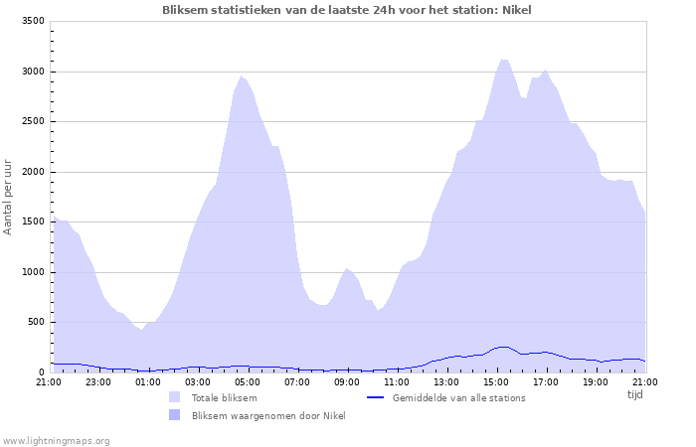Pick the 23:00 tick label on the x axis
coord(97,381)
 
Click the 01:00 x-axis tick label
coord(147,381)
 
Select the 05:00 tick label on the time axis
coord(247,381)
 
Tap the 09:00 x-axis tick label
coord(346,381)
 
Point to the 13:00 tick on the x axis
coord(445,381)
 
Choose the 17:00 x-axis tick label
coord(545,381)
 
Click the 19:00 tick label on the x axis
coord(595,381)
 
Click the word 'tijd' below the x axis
coord(634,394)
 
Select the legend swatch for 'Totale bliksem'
coord(175,397)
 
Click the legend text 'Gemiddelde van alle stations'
coord(458,397)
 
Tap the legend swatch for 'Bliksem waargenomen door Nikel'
coord(175,415)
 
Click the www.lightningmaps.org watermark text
coord(56,440)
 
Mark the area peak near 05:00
coord(241,75)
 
